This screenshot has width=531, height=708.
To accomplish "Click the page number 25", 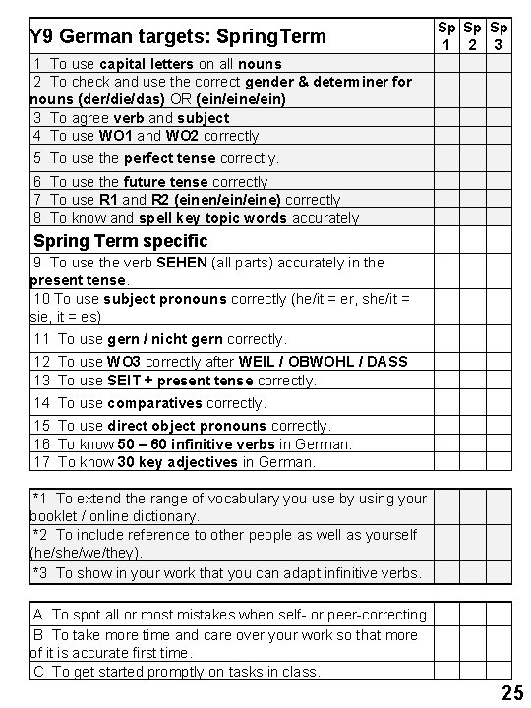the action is [512, 693].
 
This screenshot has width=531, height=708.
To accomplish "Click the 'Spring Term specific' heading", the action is [121, 241].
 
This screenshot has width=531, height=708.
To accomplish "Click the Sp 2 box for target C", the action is [473, 672].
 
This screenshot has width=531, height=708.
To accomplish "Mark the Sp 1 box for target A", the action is [446, 614].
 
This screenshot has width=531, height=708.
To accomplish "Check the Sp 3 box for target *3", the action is [500, 572].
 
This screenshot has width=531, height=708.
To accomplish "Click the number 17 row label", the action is [42, 462].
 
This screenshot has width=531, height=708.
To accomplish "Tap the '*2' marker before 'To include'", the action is [40, 535].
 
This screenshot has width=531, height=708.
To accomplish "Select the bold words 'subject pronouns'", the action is [164, 299].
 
